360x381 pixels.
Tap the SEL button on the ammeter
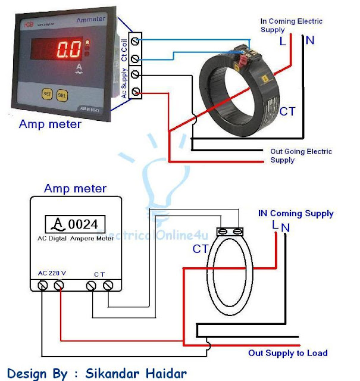pos(62,94)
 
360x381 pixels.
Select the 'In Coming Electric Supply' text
pos(291,25)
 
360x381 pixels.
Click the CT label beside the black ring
pos(287,111)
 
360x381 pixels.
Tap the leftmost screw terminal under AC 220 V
pos(43,286)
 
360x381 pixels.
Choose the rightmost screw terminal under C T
pos(108,286)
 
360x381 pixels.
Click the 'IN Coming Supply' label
pos(296,213)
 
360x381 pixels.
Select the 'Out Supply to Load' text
pos(287,353)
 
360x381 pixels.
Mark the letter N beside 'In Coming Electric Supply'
pos(310,40)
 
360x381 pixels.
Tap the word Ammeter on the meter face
pos(91,20)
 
